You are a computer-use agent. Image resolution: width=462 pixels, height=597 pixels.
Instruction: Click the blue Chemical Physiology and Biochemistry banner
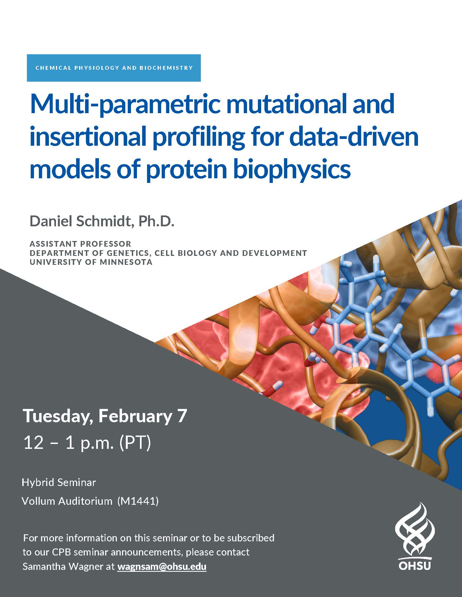tap(114, 68)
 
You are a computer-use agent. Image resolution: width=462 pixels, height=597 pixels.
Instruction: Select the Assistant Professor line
tap(80, 244)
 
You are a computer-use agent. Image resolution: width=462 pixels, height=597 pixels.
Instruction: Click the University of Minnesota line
tap(91, 262)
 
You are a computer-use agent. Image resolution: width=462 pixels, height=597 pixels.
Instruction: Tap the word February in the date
tap(135, 416)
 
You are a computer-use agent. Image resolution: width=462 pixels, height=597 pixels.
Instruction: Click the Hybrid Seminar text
tap(59, 482)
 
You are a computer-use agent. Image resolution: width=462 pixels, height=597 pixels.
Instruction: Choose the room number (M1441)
tap(138, 501)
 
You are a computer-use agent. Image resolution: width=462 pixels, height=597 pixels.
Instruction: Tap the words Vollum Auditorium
tap(67, 501)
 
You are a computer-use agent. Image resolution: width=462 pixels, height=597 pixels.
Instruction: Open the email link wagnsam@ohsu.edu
tap(162, 567)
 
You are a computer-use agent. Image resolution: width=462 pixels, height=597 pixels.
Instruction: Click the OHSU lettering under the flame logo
tap(415, 566)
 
